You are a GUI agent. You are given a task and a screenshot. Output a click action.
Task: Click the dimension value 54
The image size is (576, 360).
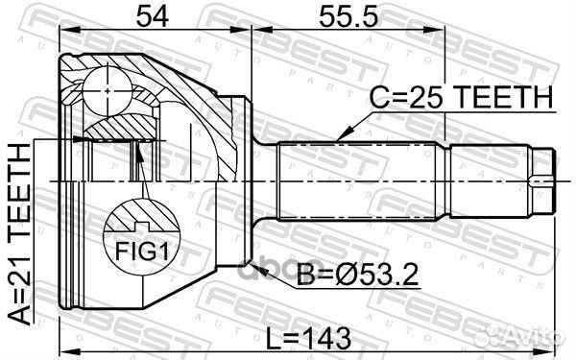point(153,17)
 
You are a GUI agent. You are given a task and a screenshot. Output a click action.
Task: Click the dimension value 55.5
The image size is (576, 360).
point(348,17)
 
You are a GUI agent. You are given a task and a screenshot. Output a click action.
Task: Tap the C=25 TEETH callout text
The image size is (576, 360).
point(461,97)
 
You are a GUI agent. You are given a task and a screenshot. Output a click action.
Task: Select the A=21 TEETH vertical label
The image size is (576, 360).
point(19,234)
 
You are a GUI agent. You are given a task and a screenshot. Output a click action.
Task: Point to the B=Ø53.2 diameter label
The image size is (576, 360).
point(357,275)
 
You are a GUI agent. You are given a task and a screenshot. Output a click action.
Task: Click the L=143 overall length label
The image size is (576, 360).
point(308,339)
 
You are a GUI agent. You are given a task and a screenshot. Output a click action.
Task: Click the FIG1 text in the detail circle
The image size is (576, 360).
point(142,252)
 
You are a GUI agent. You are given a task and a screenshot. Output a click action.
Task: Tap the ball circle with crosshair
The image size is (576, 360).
point(107,91)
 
